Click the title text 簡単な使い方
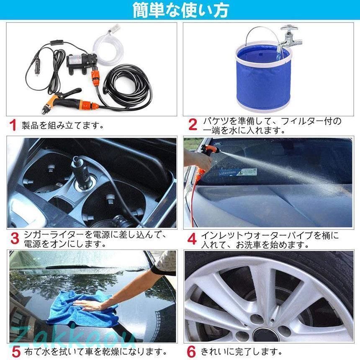coord(180,10)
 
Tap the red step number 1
coord(13,125)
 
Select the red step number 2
coord(192,125)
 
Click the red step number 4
coord(192,239)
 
